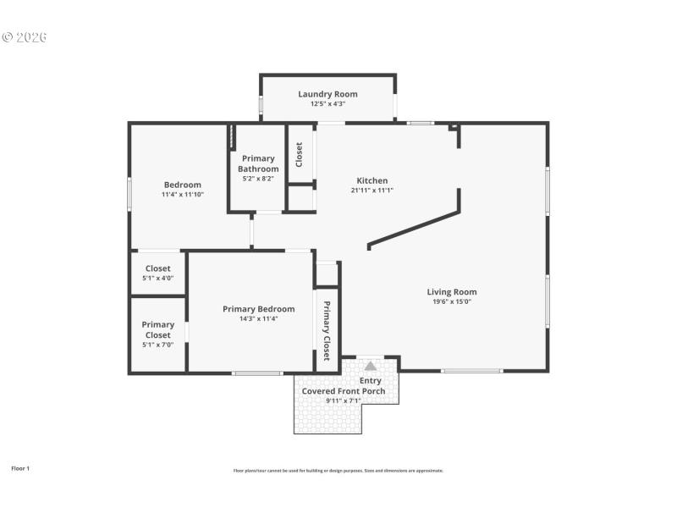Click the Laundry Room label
[327, 94]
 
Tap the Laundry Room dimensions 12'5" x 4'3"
[327, 104]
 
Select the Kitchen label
[372, 180]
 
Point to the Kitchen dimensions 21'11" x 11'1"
[372, 190]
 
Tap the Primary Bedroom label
[258, 309]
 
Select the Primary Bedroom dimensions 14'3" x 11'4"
[258, 319]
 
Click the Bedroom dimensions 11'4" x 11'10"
[182, 195]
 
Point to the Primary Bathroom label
[258, 163]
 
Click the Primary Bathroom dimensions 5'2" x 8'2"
[258, 179]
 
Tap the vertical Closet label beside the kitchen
[299, 153]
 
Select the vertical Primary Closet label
[327, 331]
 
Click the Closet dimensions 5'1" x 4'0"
[157, 278]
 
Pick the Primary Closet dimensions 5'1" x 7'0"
[157, 345]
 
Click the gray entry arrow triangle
[371, 366]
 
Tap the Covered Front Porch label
[344, 391]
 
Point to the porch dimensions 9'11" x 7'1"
[344, 400]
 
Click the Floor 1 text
[20, 468]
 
